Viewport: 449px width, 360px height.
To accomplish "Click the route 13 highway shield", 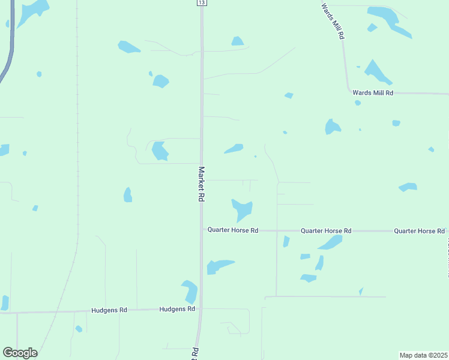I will pyautogui.click(x=202, y=3).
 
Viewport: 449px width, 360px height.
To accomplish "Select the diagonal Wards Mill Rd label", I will pyautogui.click(x=333, y=21).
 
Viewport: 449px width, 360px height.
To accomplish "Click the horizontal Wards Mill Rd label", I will pyautogui.click(x=373, y=93).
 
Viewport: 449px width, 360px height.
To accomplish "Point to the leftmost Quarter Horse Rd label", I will pyautogui.click(x=233, y=230).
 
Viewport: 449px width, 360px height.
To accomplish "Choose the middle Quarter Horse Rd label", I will pyautogui.click(x=326, y=230).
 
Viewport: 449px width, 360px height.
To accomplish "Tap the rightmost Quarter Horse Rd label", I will pyautogui.click(x=420, y=230).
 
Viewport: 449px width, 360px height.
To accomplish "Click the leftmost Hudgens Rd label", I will pyautogui.click(x=109, y=310).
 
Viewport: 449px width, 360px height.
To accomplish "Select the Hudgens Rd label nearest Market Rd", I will pyautogui.click(x=178, y=309).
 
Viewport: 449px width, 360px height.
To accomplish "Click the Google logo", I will pyautogui.click(x=20, y=353).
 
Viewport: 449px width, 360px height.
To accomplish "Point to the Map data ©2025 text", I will pyautogui.click(x=424, y=355).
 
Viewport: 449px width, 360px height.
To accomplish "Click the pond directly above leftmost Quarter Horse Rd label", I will pyautogui.click(x=243, y=209).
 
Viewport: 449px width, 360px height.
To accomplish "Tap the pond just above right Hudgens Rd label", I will pyautogui.click(x=190, y=291).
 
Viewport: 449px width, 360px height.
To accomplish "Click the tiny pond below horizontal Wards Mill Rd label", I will pyautogui.click(x=358, y=103).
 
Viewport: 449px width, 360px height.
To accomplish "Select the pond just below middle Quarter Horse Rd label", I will pyautogui.click(x=330, y=242).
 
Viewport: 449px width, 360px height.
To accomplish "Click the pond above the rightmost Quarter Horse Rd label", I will pyautogui.click(x=408, y=187).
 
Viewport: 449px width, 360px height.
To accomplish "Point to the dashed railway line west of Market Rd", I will pyautogui.click(x=77, y=150).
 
